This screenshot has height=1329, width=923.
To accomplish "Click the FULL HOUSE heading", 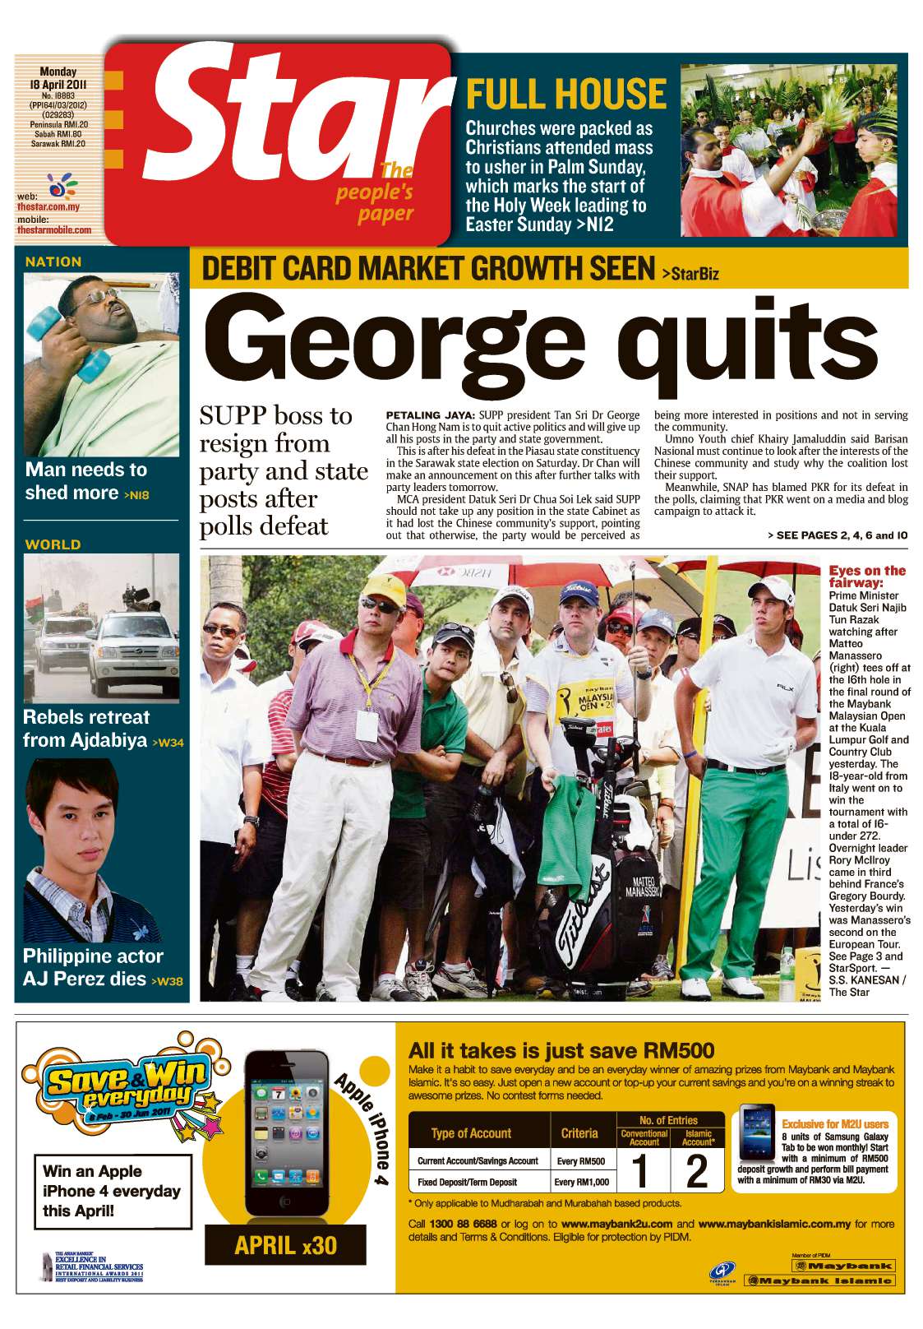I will click(565, 94).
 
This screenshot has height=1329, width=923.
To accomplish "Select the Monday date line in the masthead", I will click(58, 72).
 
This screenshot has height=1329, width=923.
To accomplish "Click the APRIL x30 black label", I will click(285, 1244).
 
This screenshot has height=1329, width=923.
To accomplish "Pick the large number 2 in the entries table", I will click(697, 1171).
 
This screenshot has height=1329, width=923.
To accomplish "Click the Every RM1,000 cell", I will click(582, 1182).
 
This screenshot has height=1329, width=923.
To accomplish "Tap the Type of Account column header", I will click(471, 1133).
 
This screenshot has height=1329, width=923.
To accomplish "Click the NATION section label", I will click(53, 262).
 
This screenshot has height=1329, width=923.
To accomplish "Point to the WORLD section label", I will click(53, 544).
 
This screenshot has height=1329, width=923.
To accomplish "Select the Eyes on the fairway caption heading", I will click(866, 576).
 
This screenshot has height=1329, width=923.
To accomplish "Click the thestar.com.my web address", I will click(48, 208).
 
